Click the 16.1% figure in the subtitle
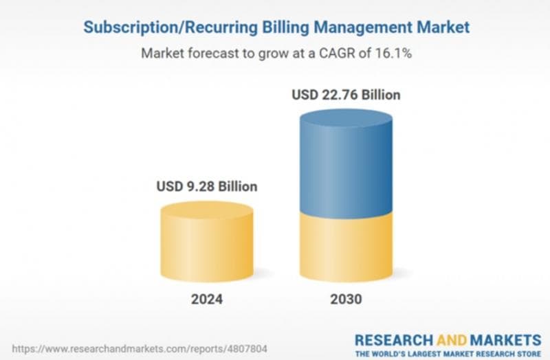coord(391,53)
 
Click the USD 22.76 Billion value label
coord(346,95)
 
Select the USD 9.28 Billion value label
coord(206,186)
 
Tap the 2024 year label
coord(206,299)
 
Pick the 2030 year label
coord(346,299)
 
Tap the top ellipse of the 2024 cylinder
coord(206,210)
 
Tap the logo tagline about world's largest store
coord(448,353)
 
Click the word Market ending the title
coord(446,27)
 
